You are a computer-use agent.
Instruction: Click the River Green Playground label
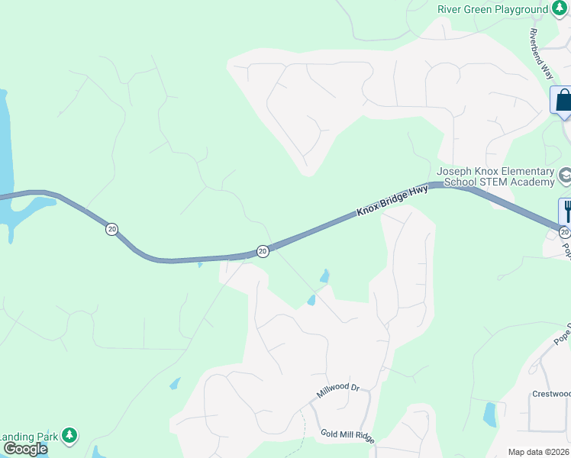pyautogui.click(x=492, y=10)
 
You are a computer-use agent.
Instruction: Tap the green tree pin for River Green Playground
pyautogui.click(x=560, y=10)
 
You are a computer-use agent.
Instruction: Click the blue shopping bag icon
pyautogui.click(x=563, y=100)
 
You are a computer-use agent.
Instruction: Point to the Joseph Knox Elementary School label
pyautogui.click(x=496, y=177)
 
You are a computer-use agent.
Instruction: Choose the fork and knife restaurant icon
pyautogui.click(x=566, y=209)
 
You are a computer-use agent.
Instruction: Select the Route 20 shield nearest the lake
pyautogui.click(x=112, y=229)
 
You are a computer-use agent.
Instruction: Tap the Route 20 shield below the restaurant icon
pyautogui.click(x=564, y=232)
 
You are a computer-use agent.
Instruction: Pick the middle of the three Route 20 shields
pyautogui.click(x=262, y=250)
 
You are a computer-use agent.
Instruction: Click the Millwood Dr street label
pyautogui.click(x=337, y=391)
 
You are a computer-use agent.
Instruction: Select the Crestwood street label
pyautogui.click(x=550, y=394)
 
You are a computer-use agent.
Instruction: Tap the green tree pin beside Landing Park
pyautogui.click(x=69, y=435)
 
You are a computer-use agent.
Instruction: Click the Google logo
pyautogui.click(x=24, y=449)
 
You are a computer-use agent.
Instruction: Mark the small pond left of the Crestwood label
pyautogui.click(x=489, y=414)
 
